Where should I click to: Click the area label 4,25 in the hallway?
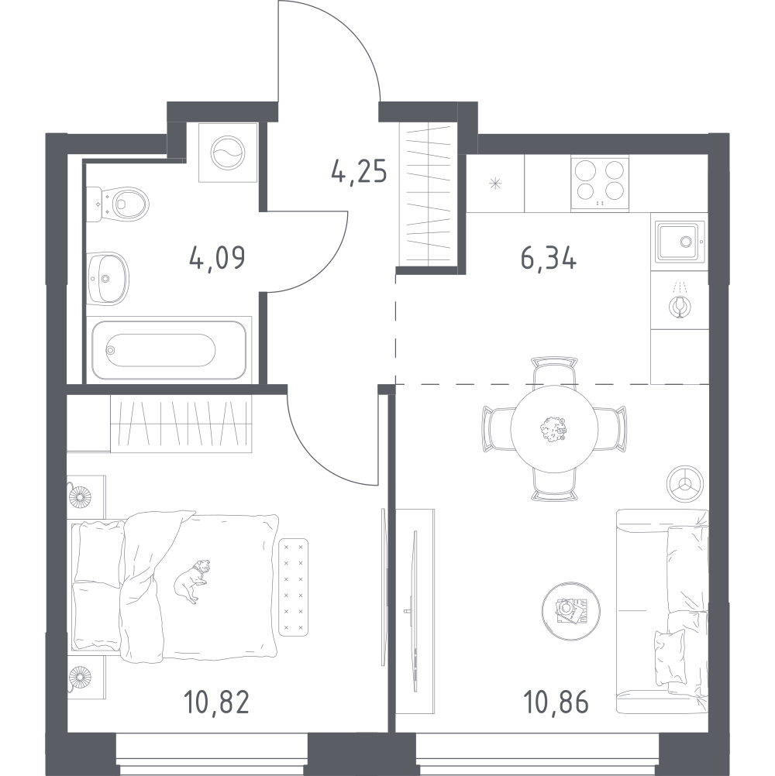[359, 173]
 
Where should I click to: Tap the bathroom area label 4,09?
[217, 258]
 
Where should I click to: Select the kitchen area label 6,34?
[549, 258]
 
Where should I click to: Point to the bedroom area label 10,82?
[216, 702]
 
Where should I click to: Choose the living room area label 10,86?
[556, 702]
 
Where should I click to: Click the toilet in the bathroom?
[118, 204]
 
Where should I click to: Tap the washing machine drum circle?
[227, 153]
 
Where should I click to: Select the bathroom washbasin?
[108, 278]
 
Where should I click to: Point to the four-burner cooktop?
[600, 183]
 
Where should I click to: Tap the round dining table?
[554, 429]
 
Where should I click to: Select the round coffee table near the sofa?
[571, 611]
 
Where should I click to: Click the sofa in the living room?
[663, 612]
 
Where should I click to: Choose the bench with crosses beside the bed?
[293, 587]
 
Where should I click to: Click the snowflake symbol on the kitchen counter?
[495, 184]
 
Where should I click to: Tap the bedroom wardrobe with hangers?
[181, 424]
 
